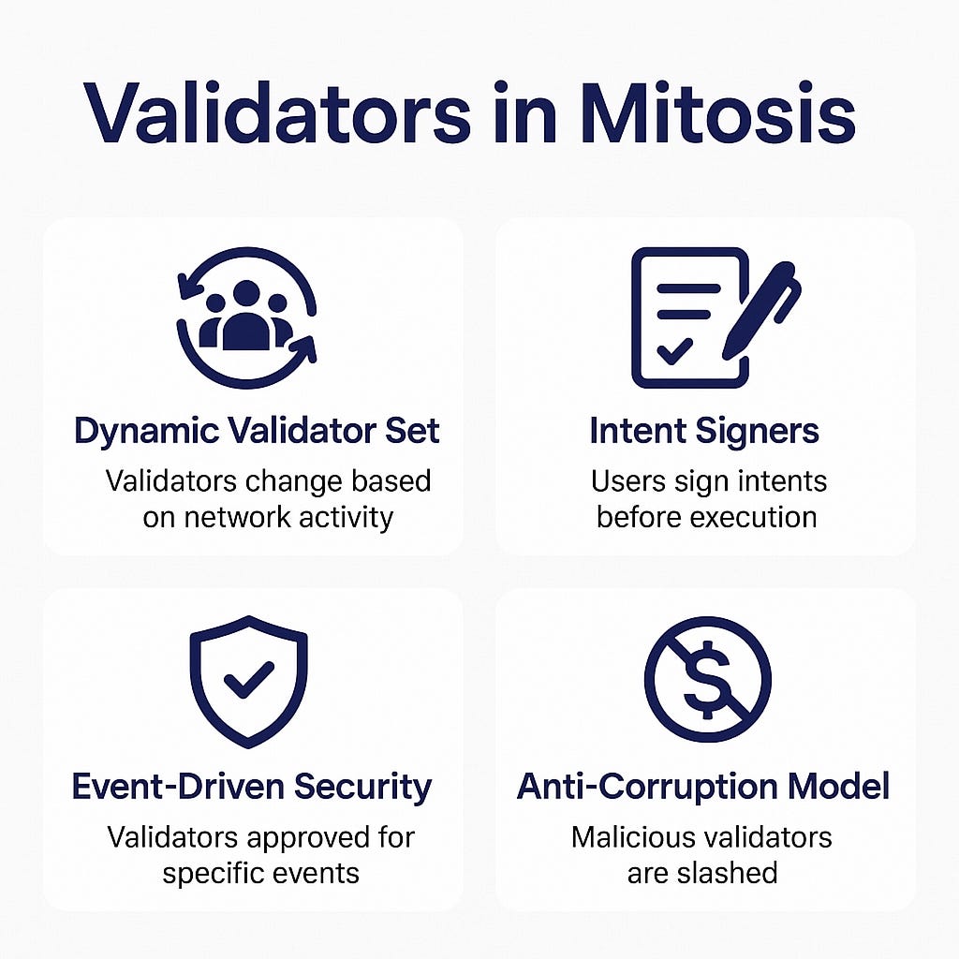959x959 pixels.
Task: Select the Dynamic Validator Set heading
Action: (x=257, y=432)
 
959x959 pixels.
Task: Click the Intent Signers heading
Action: (x=704, y=432)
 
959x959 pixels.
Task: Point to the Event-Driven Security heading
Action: (x=252, y=786)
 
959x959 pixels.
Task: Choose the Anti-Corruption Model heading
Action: (x=702, y=786)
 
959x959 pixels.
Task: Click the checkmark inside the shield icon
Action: (x=248, y=678)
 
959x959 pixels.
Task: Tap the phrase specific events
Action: (x=260, y=873)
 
